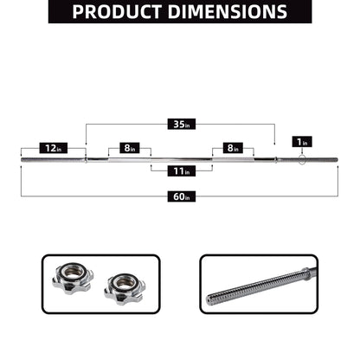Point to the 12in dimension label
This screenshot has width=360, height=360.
pyautogui.click(x=53, y=148)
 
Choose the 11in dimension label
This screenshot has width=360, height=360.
pyautogui.click(x=181, y=171)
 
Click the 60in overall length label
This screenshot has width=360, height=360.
pyautogui.click(x=181, y=196)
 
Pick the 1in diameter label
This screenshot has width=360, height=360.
pyautogui.click(x=300, y=142)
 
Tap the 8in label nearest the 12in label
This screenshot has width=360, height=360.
pyautogui.click(x=130, y=148)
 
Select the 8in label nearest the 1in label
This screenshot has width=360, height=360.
pyautogui.click(x=232, y=148)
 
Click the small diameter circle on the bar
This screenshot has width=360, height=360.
pyautogui.click(x=299, y=158)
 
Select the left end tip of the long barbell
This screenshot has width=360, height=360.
pyautogui.click(x=22, y=159)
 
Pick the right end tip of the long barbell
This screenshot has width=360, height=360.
pyautogui.click(x=340, y=159)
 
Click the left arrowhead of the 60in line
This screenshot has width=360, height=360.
pyautogui.click(x=22, y=196)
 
